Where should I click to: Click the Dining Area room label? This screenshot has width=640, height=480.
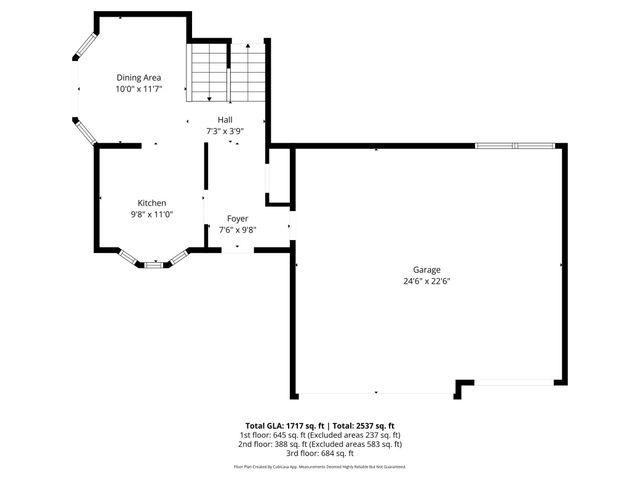point(138,77)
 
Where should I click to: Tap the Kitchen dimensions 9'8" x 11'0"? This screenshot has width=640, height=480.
point(152,214)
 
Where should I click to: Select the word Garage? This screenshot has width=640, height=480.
point(427,269)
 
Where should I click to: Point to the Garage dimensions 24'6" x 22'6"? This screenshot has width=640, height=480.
point(427,281)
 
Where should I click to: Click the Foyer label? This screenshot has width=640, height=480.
point(237,218)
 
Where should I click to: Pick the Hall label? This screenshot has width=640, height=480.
point(225,119)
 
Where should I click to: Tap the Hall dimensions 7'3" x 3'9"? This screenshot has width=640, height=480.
point(225,131)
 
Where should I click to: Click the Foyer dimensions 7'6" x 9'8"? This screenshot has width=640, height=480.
point(237,230)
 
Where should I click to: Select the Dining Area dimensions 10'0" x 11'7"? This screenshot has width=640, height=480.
point(138,89)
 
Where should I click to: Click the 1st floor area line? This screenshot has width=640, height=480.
point(320,435)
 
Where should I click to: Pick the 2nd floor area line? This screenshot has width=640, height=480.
point(320,444)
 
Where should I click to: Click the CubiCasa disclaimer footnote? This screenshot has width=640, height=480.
point(320,466)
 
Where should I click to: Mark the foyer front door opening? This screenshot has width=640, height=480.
point(237,250)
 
